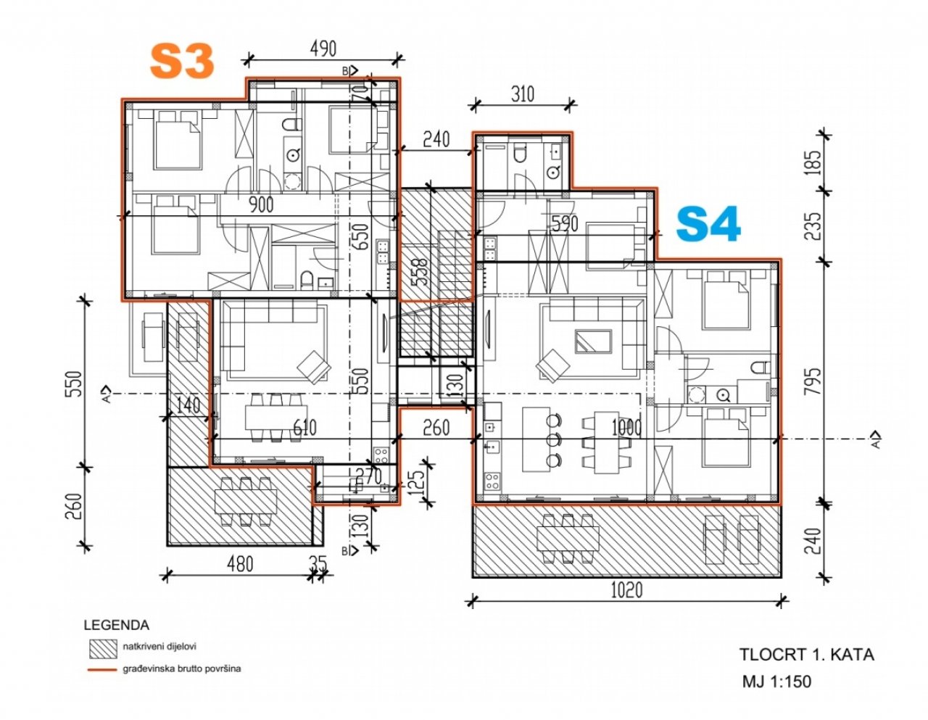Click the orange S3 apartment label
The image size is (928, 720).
(182, 62)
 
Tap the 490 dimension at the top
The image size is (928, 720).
(323, 49)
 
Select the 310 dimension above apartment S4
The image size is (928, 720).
(522, 94)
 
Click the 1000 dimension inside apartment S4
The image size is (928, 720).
(626, 427)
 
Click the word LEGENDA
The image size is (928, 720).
(117, 625)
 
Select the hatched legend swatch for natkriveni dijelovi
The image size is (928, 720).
(102, 646)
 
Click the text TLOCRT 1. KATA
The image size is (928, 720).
(806, 654)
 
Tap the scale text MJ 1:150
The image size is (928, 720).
(776, 682)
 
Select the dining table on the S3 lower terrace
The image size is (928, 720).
(245, 500)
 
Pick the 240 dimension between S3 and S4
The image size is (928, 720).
(436, 139)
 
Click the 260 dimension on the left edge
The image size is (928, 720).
(78, 503)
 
